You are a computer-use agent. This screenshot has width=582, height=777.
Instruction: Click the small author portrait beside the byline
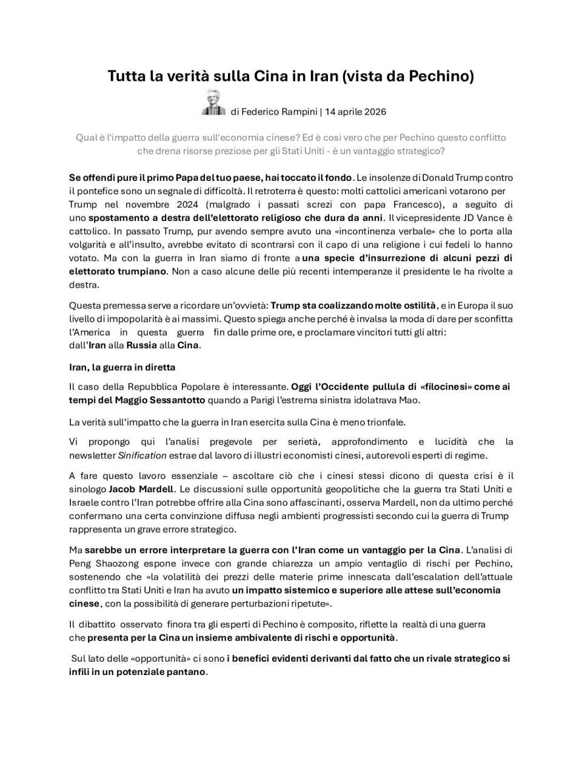click(x=213, y=103)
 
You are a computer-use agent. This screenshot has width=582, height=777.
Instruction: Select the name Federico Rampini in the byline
click(x=279, y=112)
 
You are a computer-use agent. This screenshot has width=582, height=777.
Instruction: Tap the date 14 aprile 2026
click(x=355, y=112)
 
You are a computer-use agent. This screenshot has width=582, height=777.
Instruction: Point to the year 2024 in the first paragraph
click(x=187, y=205)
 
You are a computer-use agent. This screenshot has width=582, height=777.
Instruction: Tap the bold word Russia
click(x=141, y=345)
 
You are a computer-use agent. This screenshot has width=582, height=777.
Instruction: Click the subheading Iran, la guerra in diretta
click(x=122, y=367)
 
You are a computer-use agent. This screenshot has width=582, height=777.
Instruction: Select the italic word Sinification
click(x=142, y=455)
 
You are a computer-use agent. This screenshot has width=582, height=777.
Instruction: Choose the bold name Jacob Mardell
click(x=141, y=489)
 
